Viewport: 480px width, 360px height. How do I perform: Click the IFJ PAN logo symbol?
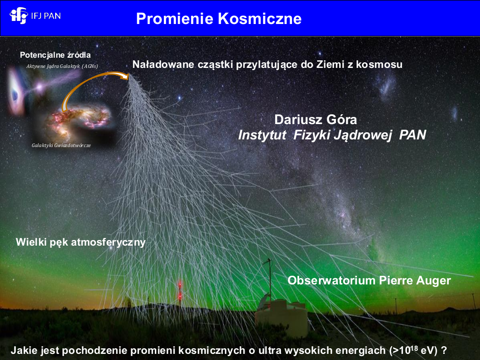[x=19, y=15]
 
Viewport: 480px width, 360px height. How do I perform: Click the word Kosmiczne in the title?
[x=260, y=18]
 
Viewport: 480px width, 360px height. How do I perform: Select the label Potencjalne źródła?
[x=56, y=55]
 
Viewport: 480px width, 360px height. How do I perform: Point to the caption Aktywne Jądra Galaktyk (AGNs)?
[x=62, y=66]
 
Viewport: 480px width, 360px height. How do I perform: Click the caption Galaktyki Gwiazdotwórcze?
[x=61, y=146]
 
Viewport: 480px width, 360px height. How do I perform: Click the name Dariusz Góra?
[x=316, y=119]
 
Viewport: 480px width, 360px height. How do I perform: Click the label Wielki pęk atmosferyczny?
[x=81, y=242]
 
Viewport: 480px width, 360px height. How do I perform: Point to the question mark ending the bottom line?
[x=444, y=350]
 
